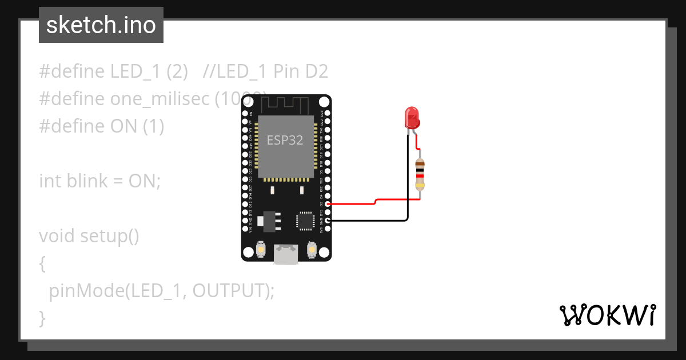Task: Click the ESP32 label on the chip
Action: pos(285,140)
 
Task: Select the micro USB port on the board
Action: pos(285,254)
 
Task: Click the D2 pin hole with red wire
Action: pos(328,203)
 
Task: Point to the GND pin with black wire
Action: pos(328,220)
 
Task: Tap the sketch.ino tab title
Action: pos(101,25)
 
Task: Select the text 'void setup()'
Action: pos(89,235)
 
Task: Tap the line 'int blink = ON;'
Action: pos(100,181)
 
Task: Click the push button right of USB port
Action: pos(312,250)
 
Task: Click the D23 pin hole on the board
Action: pos(328,114)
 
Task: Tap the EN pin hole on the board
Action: pos(245,114)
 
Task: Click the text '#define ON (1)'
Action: pos(102,126)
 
